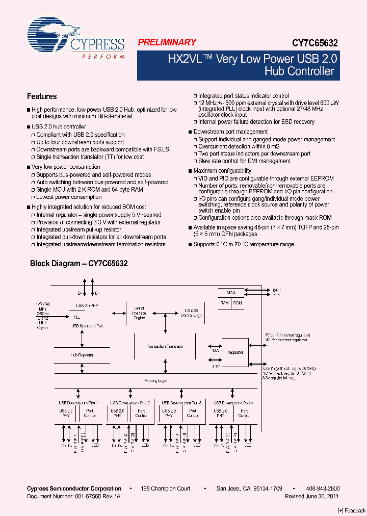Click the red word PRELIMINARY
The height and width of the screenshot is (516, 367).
coord(167,43)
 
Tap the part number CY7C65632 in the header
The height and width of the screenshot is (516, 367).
coord(314,44)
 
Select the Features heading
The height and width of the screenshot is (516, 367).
coord(42,96)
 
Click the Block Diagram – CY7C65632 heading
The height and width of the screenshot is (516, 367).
coord(78,264)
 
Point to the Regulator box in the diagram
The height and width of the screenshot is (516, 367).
coord(236,352)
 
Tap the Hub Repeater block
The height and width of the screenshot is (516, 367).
coord(82,355)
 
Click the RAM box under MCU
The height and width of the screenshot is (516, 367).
coord(224,303)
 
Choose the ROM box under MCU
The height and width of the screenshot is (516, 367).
coord(238,303)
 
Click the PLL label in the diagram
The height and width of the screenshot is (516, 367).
coord(77,316)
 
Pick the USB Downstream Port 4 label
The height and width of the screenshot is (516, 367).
coord(233,403)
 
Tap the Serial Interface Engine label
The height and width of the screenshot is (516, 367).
coord(140,313)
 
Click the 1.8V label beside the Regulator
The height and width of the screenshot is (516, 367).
coord(216,351)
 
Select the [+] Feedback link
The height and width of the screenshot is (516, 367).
coord(352,510)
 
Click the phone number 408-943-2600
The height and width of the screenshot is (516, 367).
coord(324,488)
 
